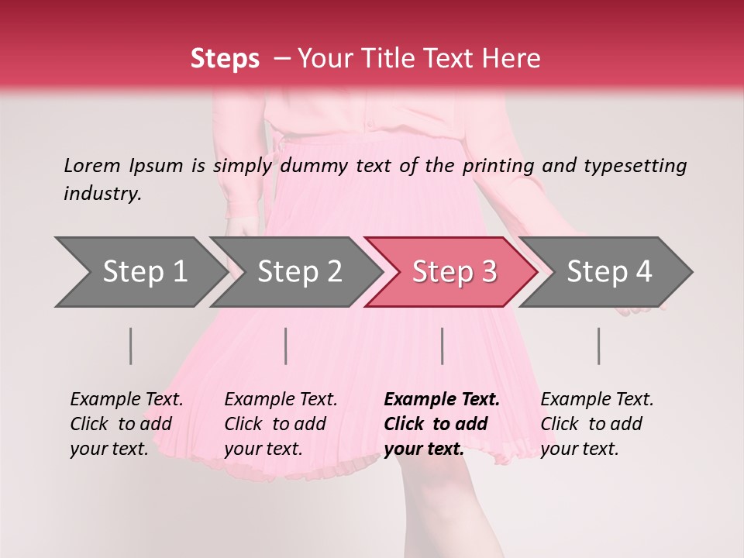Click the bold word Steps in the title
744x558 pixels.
224,59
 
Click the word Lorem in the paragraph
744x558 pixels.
91,165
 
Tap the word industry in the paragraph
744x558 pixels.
102,193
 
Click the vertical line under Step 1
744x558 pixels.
131,346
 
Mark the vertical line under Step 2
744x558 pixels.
286,346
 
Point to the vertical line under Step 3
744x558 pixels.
443,346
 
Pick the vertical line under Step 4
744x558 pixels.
599,346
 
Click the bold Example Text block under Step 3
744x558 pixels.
442,424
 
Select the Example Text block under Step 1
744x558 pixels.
126,424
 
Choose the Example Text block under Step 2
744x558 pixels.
281,424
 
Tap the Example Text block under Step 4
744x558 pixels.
597,424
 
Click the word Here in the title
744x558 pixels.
515,59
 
